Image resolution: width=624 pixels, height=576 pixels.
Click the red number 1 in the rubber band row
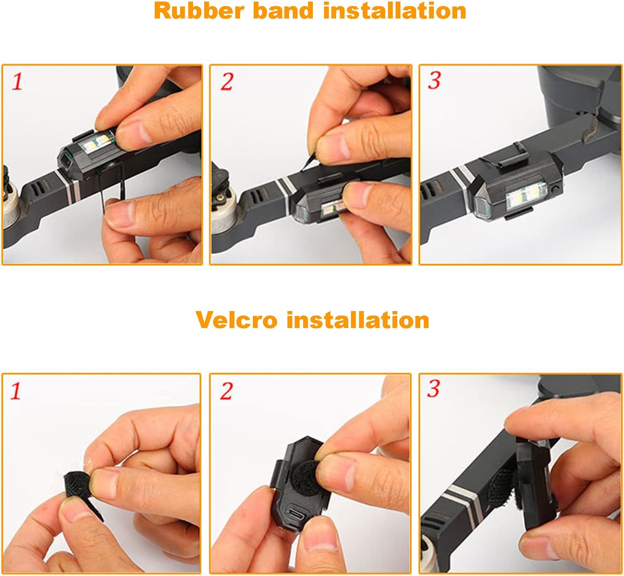tap(17, 81)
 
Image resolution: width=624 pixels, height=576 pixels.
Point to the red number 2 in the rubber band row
tap(227, 81)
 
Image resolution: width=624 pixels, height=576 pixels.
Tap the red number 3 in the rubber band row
tap(435, 80)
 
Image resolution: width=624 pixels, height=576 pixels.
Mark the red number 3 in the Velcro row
tap(433, 389)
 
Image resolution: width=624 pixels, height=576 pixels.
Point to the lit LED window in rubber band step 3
tap(526, 196)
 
